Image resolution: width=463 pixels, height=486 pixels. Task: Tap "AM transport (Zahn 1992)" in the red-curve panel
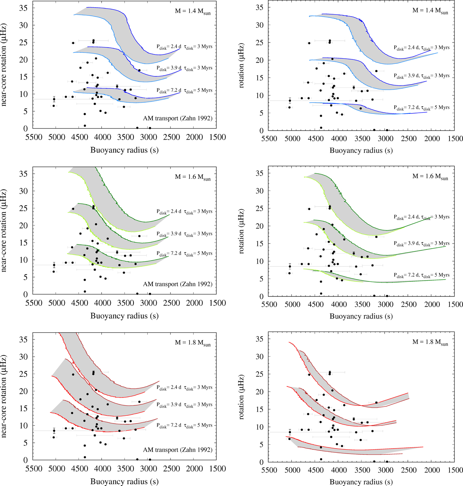coord(177,450)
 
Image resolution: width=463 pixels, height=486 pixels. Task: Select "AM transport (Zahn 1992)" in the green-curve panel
coord(177,284)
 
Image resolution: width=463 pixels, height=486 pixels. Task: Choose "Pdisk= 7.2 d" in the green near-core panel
coord(169,253)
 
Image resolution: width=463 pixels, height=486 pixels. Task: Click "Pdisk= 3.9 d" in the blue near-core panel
coord(169,68)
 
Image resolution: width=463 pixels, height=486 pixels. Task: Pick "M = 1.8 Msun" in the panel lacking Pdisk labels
coord(430,342)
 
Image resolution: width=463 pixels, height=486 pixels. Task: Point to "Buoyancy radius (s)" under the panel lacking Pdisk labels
coord(361,482)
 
